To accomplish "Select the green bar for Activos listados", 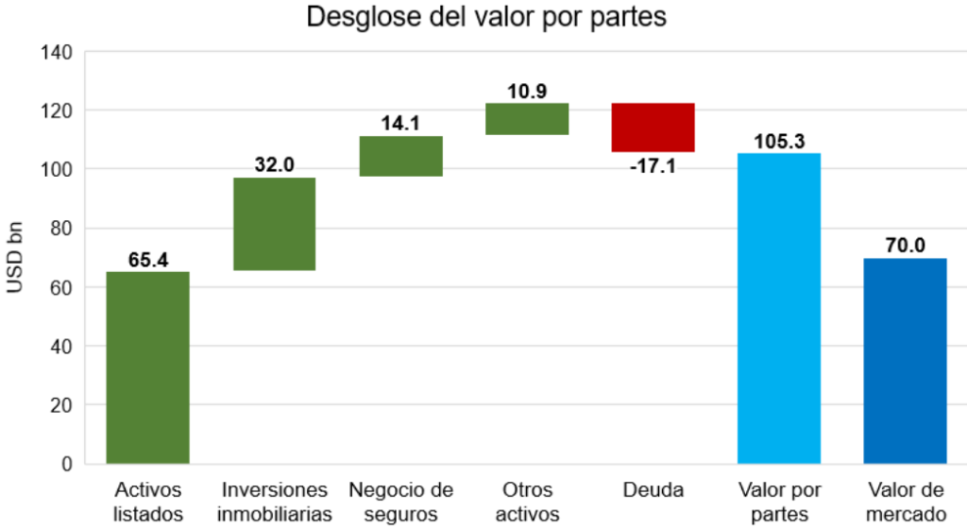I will point(147,367).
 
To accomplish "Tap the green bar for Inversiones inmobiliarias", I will point(274,224).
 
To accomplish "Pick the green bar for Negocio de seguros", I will point(400,156).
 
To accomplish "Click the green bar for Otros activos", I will point(527,119).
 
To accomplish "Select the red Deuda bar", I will point(653,127).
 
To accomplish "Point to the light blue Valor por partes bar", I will point(779,308).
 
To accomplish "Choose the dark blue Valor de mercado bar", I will point(906,360).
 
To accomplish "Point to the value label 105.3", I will point(779,142).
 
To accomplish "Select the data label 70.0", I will point(906,246).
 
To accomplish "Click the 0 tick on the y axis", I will point(67,464).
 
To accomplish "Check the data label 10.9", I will point(527,91).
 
